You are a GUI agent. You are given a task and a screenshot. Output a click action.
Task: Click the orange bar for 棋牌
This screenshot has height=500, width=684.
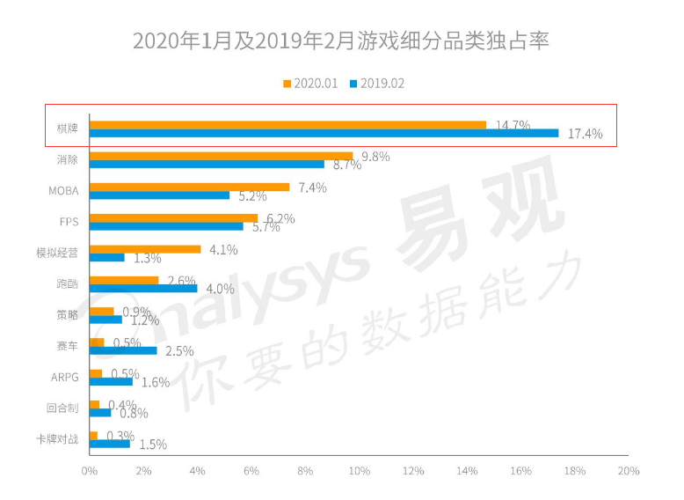click(x=287, y=125)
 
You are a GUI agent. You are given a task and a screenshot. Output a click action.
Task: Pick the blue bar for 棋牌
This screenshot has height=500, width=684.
click(x=324, y=134)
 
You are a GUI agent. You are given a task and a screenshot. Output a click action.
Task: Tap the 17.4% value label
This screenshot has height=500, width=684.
click(x=586, y=135)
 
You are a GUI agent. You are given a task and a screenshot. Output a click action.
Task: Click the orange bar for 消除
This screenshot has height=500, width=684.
click(x=221, y=156)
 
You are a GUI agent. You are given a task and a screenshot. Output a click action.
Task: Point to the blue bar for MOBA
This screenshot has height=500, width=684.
click(x=159, y=195)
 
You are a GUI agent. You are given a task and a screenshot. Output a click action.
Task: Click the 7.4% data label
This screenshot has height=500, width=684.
click(x=312, y=187)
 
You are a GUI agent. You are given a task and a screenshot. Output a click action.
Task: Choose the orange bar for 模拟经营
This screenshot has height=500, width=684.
click(x=145, y=249)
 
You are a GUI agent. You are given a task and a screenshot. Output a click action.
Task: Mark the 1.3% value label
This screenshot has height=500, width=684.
click(x=147, y=258)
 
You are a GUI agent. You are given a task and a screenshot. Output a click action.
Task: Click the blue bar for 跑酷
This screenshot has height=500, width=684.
click(x=143, y=289)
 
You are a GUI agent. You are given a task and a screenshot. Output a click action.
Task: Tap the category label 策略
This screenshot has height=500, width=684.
click(x=67, y=315)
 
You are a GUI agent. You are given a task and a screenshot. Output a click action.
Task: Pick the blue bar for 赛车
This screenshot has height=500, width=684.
click(x=123, y=350)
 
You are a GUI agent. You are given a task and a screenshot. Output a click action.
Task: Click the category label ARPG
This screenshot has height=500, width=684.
click(x=65, y=378)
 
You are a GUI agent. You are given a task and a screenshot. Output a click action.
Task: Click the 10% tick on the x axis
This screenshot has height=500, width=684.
click(x=359, y=471)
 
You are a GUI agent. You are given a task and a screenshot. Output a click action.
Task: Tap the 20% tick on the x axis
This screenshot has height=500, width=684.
click(x=628, y=471)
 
